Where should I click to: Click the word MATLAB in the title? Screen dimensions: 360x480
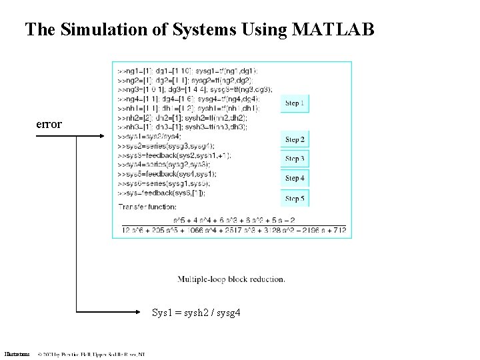pos(333,29)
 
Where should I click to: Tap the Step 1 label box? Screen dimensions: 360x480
pos(295,103)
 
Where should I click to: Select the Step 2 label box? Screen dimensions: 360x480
pos(295,140)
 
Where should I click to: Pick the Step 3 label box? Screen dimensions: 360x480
pos(295,159)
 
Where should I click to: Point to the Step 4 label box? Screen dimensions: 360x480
pos(295,178)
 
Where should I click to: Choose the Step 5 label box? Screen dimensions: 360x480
pos(295,199)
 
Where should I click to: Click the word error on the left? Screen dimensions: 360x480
pos(49,124)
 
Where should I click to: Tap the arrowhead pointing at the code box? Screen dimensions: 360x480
pos(101,136)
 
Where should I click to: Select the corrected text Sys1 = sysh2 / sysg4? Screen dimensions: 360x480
pos(196,312)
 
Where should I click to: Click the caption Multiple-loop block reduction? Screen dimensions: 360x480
pos(231,279)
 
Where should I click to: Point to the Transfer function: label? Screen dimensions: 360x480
pos(147,207)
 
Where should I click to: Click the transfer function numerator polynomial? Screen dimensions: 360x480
pos(233,219)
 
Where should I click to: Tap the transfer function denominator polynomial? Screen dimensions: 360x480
pos(233,230)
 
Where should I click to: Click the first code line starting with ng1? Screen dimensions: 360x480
pos(189,71)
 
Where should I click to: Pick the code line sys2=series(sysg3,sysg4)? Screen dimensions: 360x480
pos(166,145)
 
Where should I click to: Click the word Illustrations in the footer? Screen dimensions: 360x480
pos(16,354)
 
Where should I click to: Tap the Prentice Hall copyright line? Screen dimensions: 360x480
pos(91,354)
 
